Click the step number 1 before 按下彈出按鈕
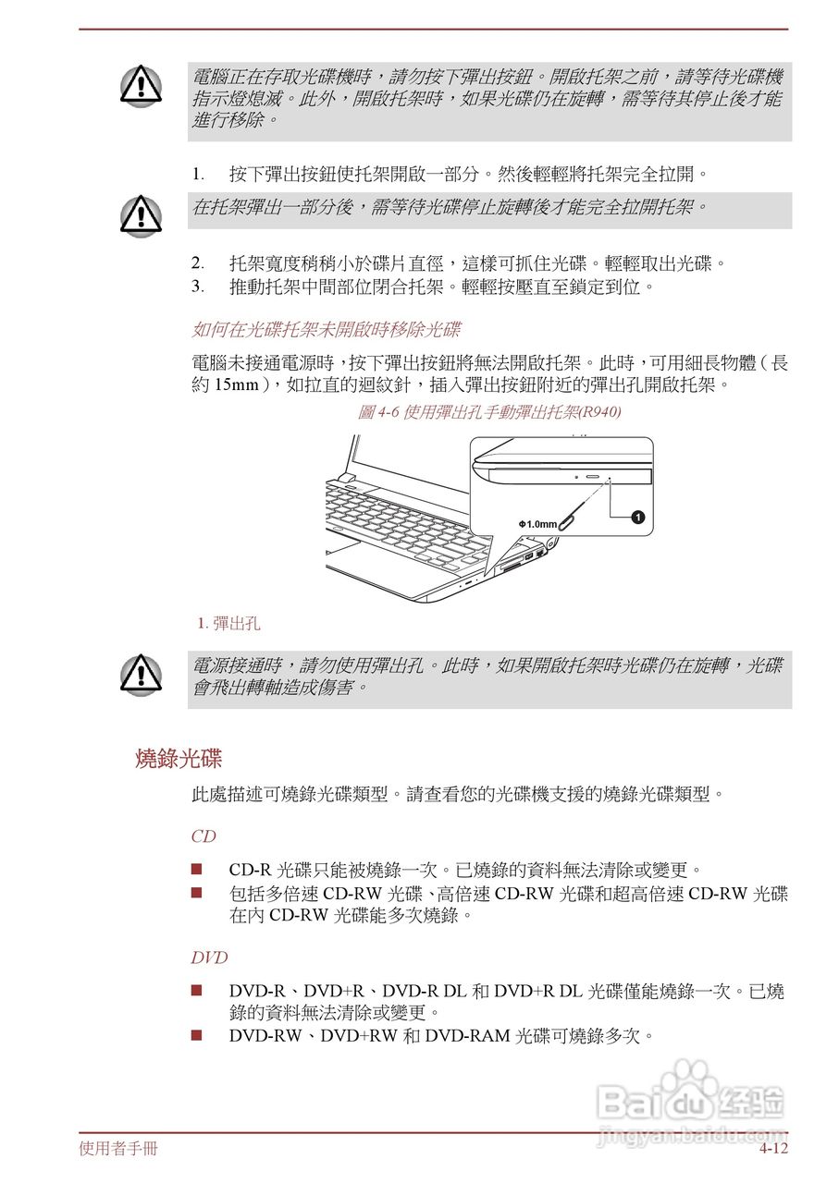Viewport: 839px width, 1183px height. [196, 174]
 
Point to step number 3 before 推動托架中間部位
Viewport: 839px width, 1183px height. [196, 286]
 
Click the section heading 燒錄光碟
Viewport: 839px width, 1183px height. [179, 760]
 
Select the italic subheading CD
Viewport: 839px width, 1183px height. [204, 836]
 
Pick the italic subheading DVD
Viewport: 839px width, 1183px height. [209, 957]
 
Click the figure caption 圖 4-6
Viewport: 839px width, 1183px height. [488, 412]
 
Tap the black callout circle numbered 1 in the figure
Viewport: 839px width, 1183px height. [637, 517]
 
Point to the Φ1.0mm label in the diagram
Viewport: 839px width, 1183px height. [537, 524]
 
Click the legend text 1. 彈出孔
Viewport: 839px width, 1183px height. [228, 624]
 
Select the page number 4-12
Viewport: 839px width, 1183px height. [773, 1149]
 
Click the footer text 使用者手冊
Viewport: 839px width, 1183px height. [118, 1149]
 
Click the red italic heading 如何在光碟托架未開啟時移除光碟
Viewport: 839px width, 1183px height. [326, 330]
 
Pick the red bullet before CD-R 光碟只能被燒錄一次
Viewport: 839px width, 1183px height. [196, 869]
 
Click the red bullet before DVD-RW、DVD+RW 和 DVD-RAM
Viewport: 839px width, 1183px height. [196, 1034]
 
